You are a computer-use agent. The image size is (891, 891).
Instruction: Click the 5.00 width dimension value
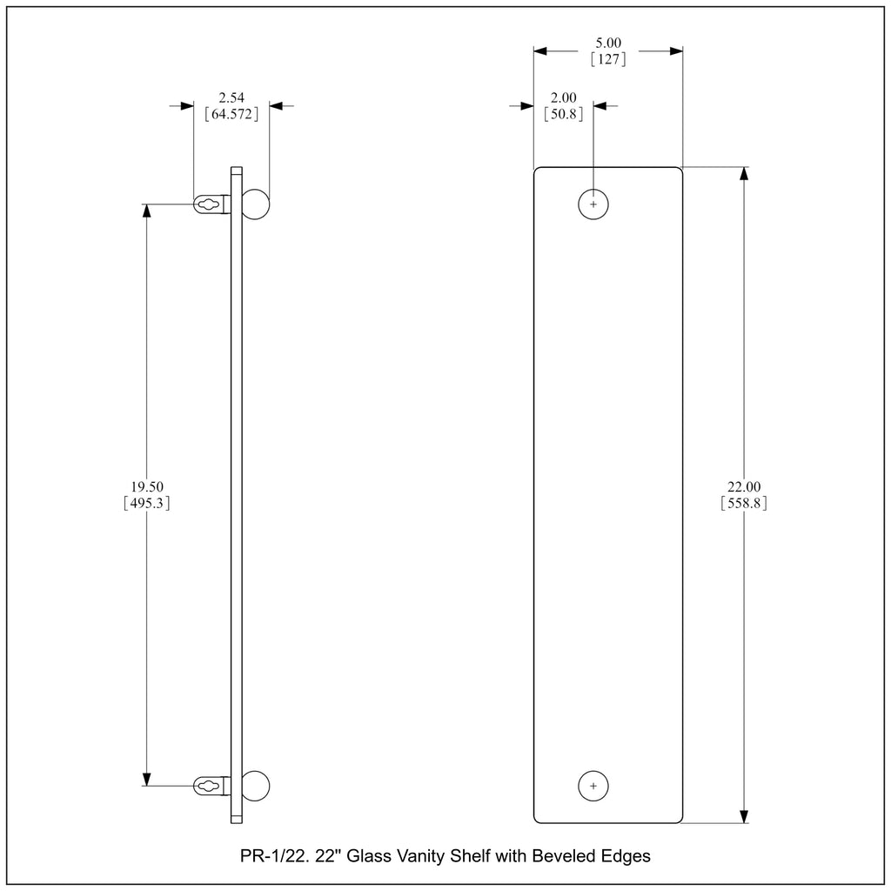coord(608,43)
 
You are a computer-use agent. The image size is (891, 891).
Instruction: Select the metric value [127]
coord(608,59)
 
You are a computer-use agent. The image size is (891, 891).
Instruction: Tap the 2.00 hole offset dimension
coord(563,97)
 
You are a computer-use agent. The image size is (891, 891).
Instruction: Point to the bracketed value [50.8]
coord(563,114)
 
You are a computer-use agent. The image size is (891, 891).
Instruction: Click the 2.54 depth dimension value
coord(231,97)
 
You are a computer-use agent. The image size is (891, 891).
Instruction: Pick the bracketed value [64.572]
coord(231,114)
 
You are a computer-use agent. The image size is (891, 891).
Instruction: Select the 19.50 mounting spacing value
coord(146,487)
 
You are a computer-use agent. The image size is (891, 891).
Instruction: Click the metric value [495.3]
coord(146,503)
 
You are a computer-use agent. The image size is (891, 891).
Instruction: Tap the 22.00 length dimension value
coord(744,487)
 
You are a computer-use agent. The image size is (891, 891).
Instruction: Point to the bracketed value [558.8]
coord(744,503)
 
